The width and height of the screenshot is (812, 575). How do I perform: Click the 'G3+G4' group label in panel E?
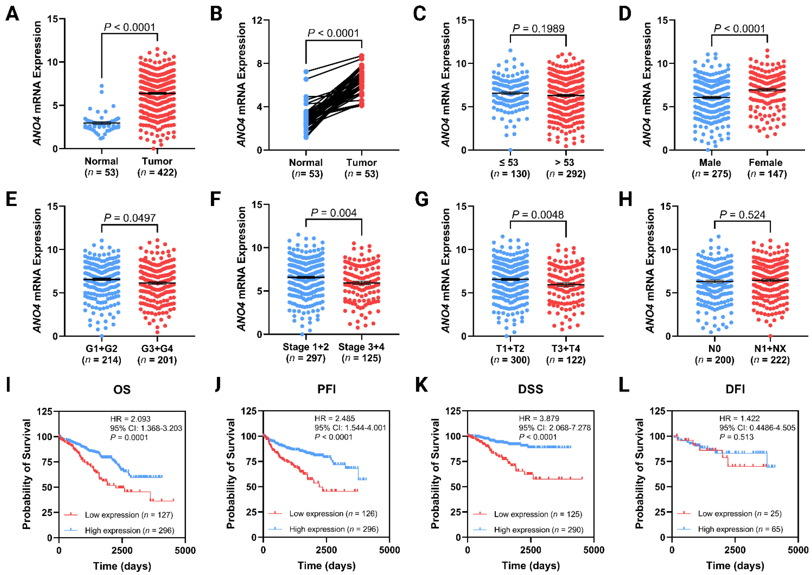(157, 348)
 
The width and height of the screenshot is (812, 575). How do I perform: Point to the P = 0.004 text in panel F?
(334, 213)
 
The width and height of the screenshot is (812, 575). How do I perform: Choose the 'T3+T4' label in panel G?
(566, 348)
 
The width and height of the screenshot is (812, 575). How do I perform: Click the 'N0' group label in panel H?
(714, 348)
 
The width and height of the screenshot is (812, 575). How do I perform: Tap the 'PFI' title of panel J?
(326, 389)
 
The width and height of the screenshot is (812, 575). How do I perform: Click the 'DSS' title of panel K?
(531, 389)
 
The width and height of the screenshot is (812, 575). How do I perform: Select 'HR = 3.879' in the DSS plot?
(539, 418)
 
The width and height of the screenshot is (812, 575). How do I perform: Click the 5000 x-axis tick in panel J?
(389, 550)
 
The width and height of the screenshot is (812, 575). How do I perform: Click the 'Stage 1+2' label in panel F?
(306, 347)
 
